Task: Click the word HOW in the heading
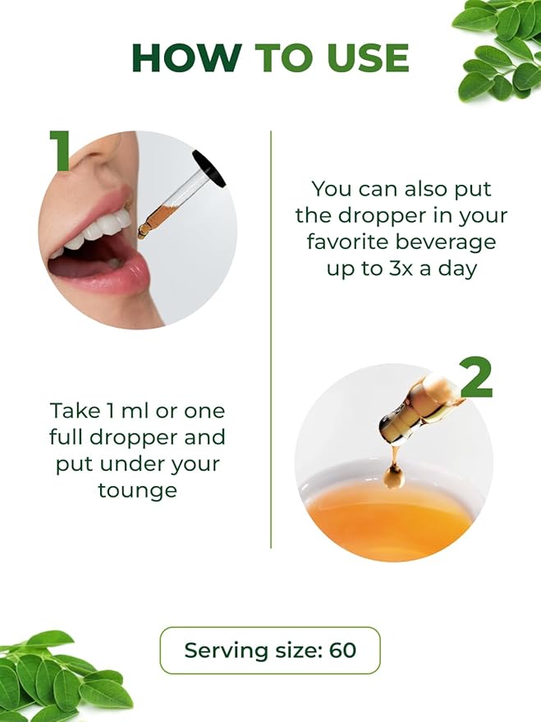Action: (186, 57)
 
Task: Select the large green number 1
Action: (60, 151)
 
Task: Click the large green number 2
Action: (477, 378)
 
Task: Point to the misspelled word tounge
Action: (138, 491)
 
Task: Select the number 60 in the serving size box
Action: (342, 651)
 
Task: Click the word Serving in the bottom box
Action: (226, 651)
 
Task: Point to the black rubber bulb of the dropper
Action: (209, 168)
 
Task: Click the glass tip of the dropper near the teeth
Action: (144, 229)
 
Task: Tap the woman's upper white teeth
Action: (101, 230)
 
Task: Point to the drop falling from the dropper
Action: (395, 476)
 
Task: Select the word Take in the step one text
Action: (75, 410)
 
